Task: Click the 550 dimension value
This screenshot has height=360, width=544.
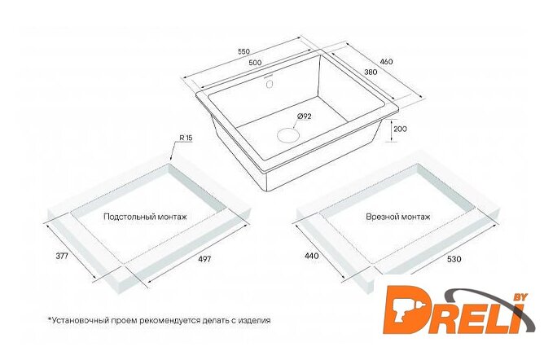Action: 243,52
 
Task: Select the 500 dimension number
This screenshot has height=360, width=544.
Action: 255,63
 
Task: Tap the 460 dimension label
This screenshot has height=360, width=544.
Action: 387,62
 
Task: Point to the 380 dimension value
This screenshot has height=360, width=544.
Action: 371,72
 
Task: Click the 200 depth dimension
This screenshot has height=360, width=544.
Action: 401,129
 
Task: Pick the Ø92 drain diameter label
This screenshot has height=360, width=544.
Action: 304,116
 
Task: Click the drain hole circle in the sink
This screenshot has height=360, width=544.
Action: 288,134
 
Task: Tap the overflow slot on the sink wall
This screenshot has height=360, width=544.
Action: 270,84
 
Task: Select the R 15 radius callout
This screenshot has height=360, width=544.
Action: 186,138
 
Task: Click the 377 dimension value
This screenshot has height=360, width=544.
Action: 62,256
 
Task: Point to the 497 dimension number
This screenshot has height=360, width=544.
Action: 204,259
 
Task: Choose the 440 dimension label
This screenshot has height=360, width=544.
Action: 312,256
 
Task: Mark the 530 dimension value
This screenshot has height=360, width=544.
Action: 454,259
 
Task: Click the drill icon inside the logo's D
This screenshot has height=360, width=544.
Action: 406,310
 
